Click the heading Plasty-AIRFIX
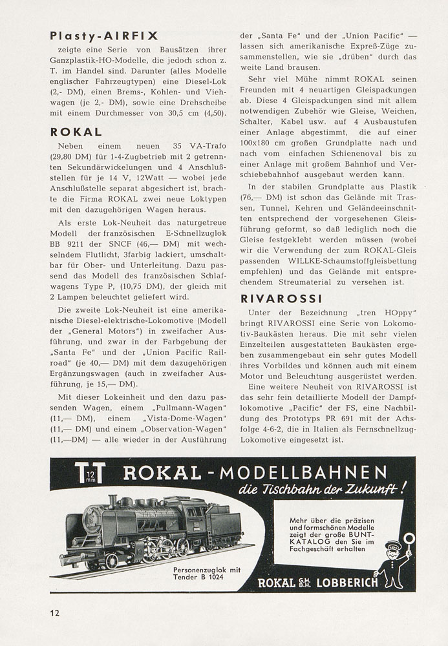pyautogui.click(x=104, y=36)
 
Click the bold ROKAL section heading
pyautogui.click(x=76, y=132)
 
